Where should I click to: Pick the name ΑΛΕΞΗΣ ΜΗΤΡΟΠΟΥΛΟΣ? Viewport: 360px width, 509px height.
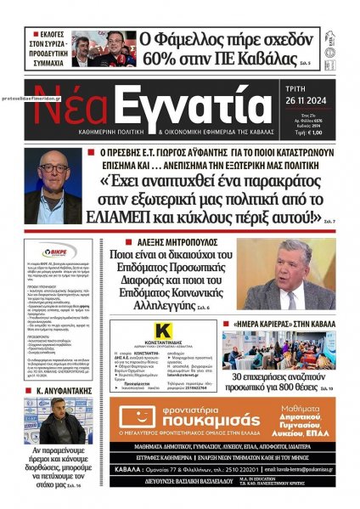tap(169, 242)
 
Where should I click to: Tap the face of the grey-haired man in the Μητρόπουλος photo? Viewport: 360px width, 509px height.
tap(290, 269)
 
